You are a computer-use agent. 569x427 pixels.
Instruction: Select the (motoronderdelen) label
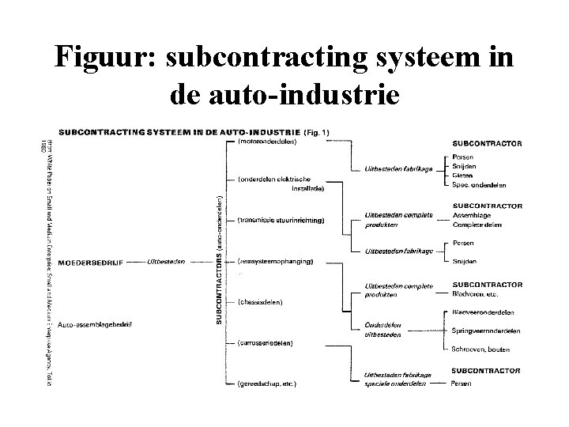tap(267, 143)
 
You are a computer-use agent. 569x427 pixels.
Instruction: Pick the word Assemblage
tap(471, 214)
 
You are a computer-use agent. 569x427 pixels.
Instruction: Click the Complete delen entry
tap(477, 225)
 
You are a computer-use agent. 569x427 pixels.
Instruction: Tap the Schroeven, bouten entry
tap(481, 349)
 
